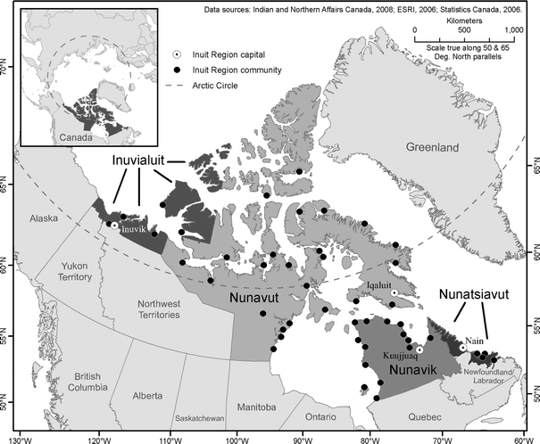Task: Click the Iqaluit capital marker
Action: (394, 292)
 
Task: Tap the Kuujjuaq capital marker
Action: (420, 349)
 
